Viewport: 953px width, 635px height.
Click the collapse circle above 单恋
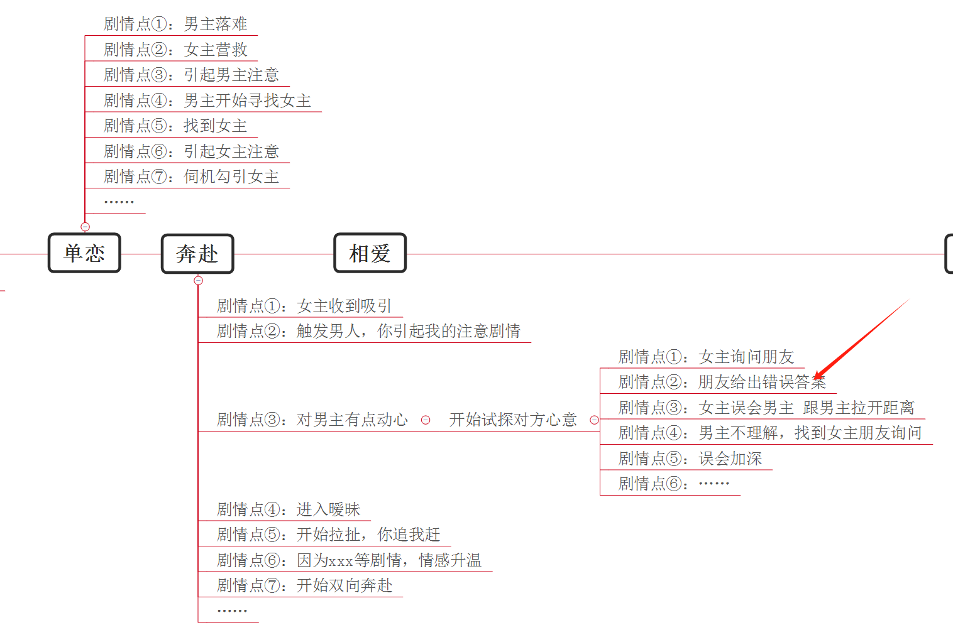point(85,227)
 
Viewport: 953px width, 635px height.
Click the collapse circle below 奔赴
point(198,281)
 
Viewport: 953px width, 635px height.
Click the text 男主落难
point(215,24)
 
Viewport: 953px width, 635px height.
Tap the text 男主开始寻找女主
point(247,100)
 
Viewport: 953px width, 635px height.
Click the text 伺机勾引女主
point(231,177)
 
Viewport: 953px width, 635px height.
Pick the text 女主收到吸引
point(344,306)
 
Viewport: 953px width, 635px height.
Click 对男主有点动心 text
point(352,420)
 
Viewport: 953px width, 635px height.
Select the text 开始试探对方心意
point(513,420)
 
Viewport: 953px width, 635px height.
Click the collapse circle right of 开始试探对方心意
point(594,420)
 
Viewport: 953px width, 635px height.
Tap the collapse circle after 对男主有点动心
point(426,420)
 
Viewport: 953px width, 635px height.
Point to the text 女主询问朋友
point(746,357)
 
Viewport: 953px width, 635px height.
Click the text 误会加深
point(730,459)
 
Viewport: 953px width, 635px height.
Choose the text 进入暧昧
point(328,509)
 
